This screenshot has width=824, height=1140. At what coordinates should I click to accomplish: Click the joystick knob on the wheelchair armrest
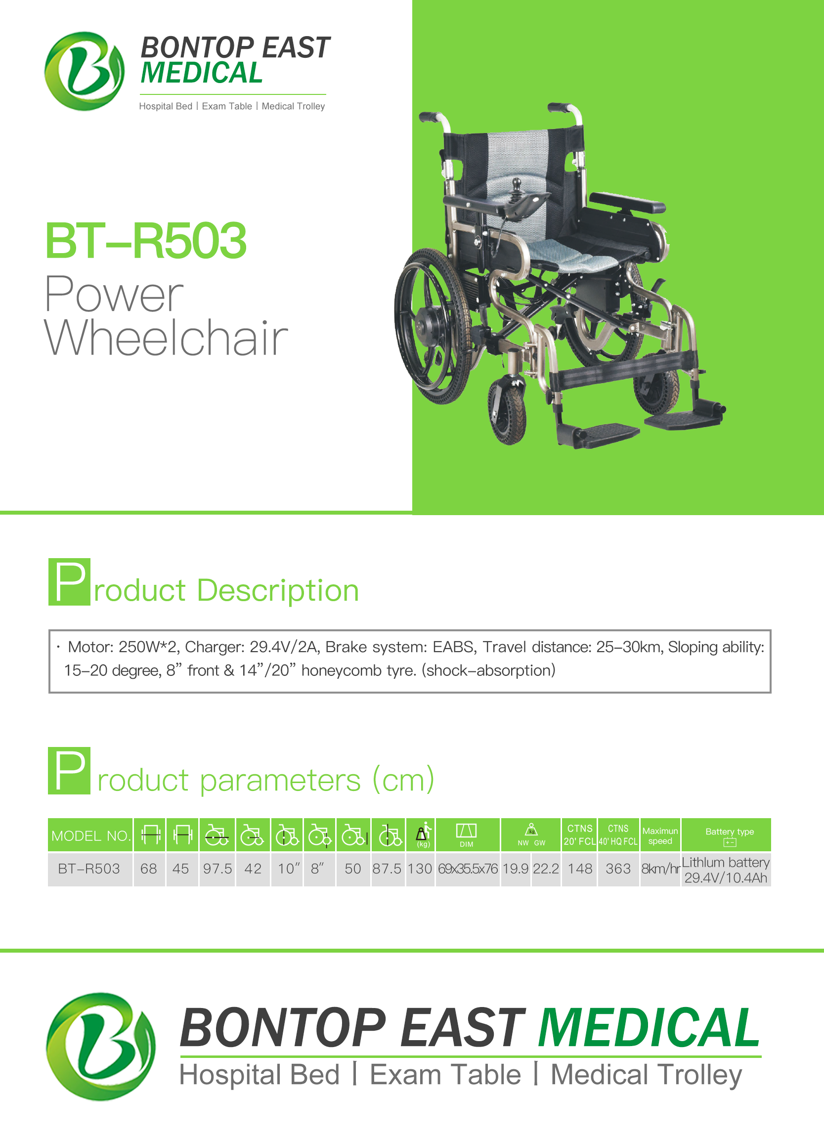516,183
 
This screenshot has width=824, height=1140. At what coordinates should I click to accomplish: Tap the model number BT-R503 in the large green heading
146,241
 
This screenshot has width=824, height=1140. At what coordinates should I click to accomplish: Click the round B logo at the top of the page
85,71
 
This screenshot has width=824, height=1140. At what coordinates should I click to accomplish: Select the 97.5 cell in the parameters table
217,869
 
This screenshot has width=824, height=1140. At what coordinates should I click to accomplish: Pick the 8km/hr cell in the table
660,869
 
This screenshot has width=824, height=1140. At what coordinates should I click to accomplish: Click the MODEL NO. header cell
90,835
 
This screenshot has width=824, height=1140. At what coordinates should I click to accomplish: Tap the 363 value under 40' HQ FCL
618,869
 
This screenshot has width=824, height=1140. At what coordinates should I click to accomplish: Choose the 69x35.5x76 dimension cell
468,869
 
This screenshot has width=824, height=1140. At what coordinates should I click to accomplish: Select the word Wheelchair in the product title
166,338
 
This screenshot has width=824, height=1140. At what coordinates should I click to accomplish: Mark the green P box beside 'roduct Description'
69,581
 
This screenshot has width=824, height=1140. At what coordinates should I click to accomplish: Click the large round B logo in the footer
101,1047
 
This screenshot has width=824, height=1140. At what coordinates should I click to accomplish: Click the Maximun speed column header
660,835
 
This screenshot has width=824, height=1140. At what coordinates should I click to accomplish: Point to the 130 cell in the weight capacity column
420,869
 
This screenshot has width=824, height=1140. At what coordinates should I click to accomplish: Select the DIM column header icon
466,835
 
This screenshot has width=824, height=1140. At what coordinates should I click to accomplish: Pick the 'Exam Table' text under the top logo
227,107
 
